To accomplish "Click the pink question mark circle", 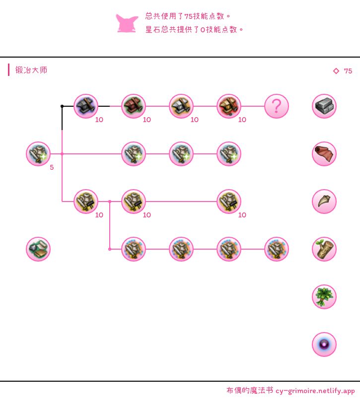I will (277, 106).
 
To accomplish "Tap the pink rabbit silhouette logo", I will (127, 23).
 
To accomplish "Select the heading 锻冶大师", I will (31, 70).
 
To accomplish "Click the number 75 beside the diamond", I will (348, 71).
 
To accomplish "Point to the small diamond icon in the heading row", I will (336, 71).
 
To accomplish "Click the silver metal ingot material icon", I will (324, 106).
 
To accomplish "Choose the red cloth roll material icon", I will (324, 154).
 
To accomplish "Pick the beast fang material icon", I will (324, 202).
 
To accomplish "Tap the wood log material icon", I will (324, 249).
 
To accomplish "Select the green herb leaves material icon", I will (324, 297).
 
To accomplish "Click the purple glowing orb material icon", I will (324, 344).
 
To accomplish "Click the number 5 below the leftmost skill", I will (52, 167).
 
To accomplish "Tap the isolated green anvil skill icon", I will (38, 249).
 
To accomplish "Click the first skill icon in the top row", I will (86, 106).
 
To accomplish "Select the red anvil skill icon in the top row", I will (134, 106).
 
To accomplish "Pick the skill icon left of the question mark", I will (229, 106).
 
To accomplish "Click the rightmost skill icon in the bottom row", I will (277, 249).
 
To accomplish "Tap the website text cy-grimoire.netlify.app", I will (315, 391).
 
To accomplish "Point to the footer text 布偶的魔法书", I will (249, 391).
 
